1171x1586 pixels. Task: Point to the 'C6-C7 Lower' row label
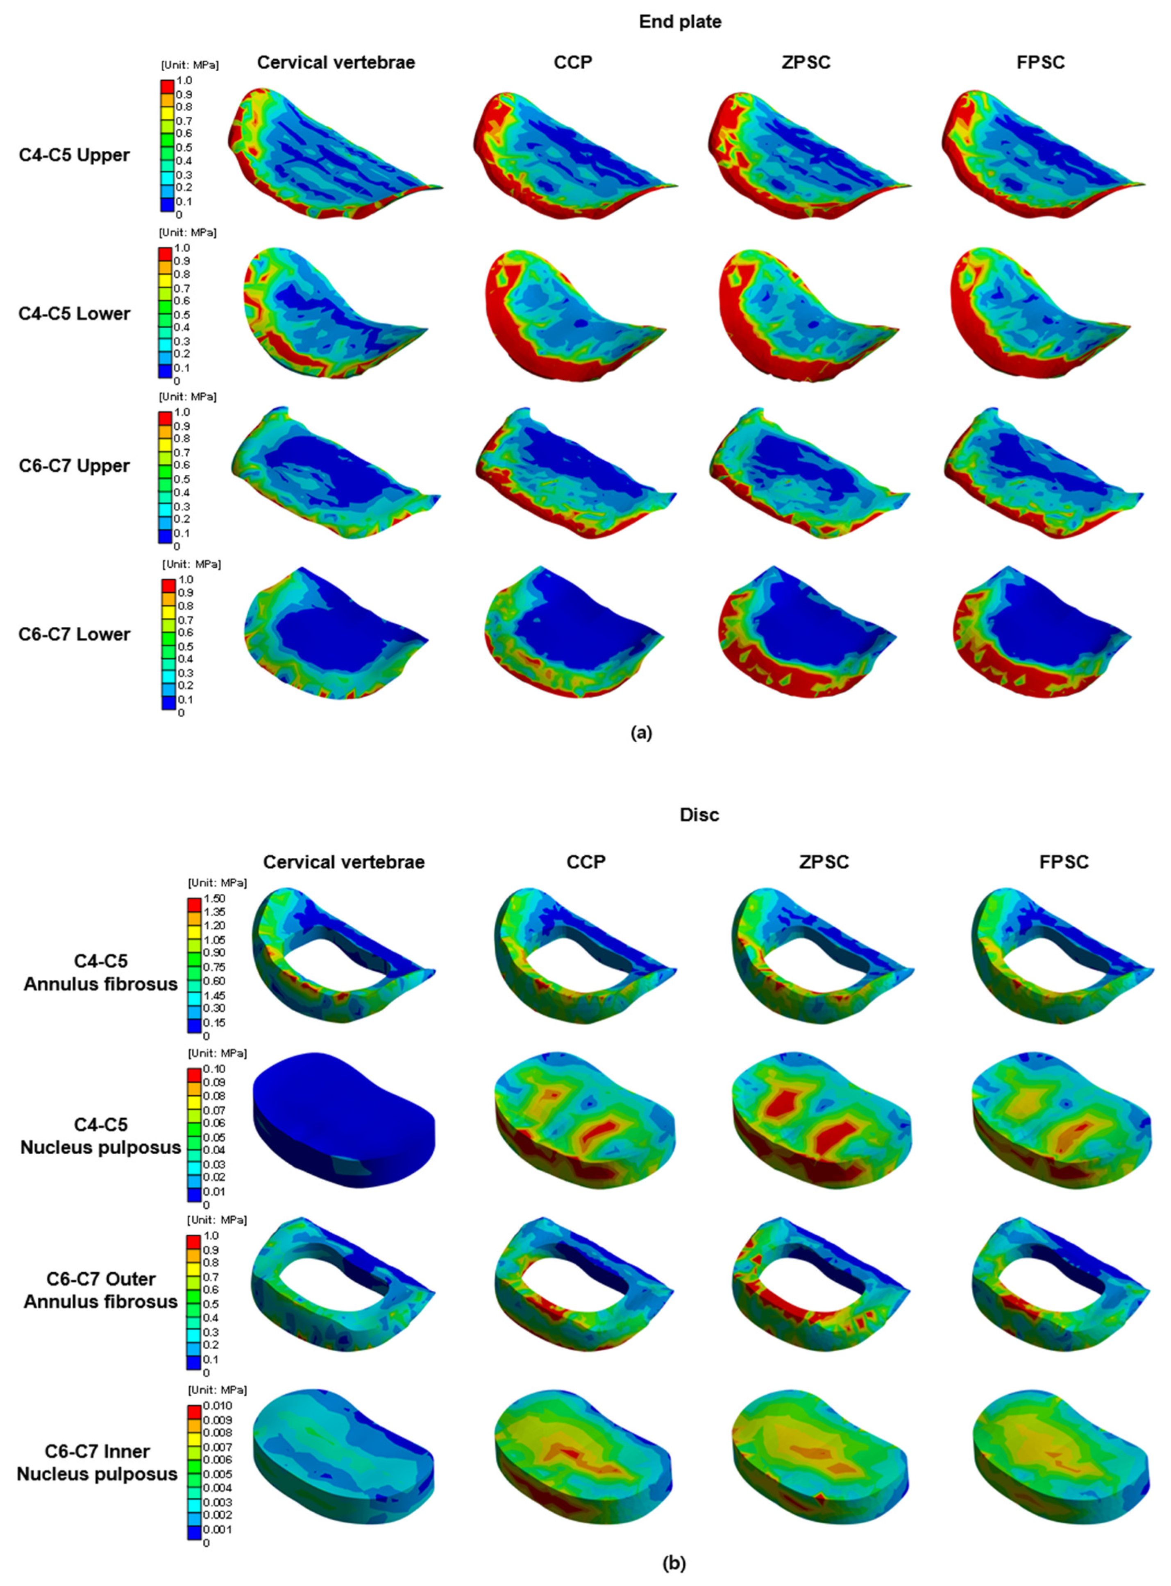pyautogui.click(x=75, y=634)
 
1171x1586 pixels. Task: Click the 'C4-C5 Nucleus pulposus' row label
pyautogui.click(x=101, y=1135)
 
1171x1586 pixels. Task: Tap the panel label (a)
pyautogui.click(x=641, y=734)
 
